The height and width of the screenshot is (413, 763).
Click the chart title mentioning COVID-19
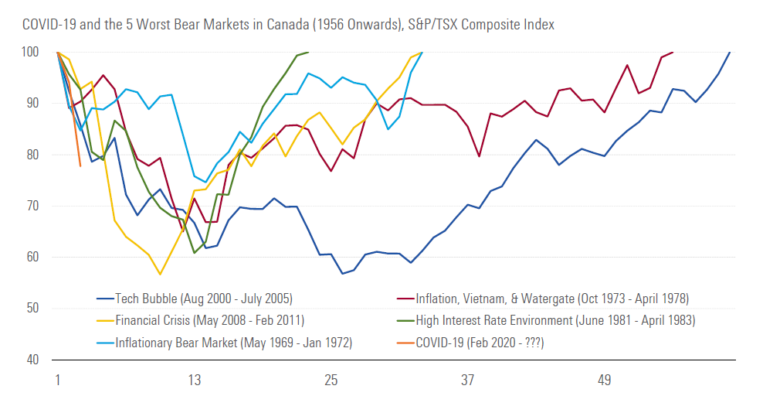click(x=288, y=25)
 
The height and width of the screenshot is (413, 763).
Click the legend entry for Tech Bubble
click(x=196, y=299)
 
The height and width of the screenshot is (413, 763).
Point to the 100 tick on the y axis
click(x=31, y=52)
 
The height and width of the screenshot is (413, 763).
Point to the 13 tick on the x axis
click(x=194, y=381)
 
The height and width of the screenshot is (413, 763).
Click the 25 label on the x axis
click(x=331, y=381)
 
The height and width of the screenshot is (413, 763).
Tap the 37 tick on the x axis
click(x=467, y=381)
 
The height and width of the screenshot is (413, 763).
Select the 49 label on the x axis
click(x=604, y=381)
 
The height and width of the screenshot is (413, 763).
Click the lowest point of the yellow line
click(x=160, y=275)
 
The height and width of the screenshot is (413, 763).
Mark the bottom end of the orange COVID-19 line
click(x=80, y=166)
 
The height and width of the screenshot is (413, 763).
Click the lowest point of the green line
click(x=195, y=253)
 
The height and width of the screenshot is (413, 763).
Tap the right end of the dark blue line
click(x=730, y=52)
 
